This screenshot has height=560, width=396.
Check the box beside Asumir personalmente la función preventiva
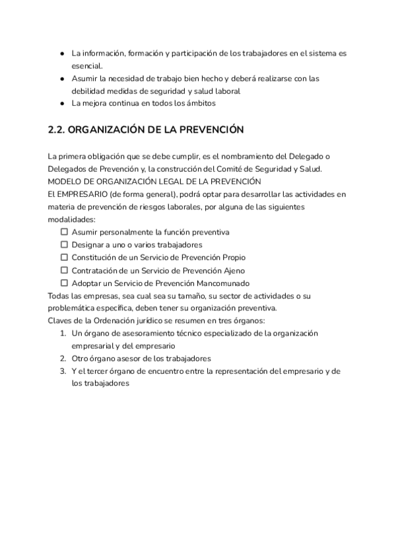pyautogui.click(x=65, y=232)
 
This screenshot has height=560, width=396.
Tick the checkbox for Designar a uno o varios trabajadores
pyautogui.click(x=65, y=245)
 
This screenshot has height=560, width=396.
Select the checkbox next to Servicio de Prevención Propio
pyautogui.click(x=65, y=258)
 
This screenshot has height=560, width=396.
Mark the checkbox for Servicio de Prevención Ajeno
pyautogui.click(x=65, y=271)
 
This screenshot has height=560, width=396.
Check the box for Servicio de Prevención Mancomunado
pyautogui.click(x=65, y=283)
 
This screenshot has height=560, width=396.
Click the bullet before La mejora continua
pyautogui.click(x=61, y=104)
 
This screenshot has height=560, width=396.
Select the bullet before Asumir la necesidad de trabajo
pyautogui.click(x=61, y=79)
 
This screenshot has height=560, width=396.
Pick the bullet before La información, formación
pyautogui.click(x=61, y=53)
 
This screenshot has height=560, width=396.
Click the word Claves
pyautogui.click(x=61, y=321)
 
